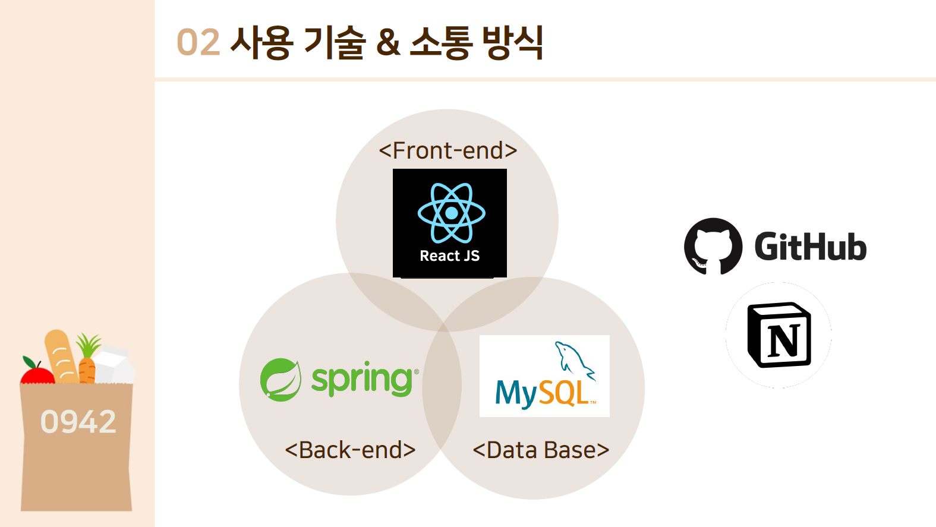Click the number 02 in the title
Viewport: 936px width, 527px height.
click(x=198, y=43)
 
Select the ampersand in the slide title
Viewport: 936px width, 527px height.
click(x=388, y=43)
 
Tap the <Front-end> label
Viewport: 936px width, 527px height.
click(x=448, y=150)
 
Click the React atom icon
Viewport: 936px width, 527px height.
click(x=451, y=213)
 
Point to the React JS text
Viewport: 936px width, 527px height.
click(x=449, y=256)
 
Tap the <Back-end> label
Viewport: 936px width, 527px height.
click(x=350, y=450)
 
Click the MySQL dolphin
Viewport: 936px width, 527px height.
click(x=573, y=359)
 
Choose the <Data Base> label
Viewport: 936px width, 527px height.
click(x=541, y=450)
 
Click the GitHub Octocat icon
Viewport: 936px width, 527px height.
click(x=713, y=246)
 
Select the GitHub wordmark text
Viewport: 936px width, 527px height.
click(x=810, y=247)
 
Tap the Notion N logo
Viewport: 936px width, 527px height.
click(x=779, y=335)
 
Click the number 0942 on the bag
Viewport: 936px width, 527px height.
click(x=78, y=422)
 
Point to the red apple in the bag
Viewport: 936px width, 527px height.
click(x=37, y=374)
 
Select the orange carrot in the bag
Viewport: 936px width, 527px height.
click(x=87, y=368)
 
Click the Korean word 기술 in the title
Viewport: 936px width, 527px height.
click(x=333, y=43)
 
